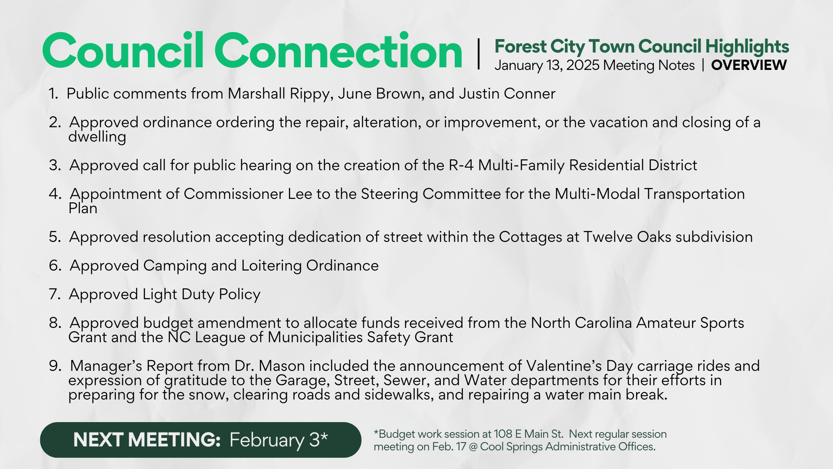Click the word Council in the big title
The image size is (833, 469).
123,51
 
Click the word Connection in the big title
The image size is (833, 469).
338,51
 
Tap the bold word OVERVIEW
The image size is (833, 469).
749,65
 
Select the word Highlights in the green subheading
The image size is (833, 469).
747,47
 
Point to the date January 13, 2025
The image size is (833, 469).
547,66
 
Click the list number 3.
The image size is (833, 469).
55,165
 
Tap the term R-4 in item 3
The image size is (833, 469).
461,165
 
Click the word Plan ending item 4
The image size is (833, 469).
83,208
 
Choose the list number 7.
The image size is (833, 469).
55,294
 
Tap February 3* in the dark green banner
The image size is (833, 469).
279,440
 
